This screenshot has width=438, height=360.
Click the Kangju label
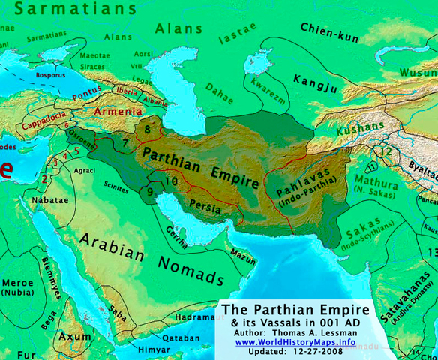click(315, 79)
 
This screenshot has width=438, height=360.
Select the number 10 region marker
click(172, 181)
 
